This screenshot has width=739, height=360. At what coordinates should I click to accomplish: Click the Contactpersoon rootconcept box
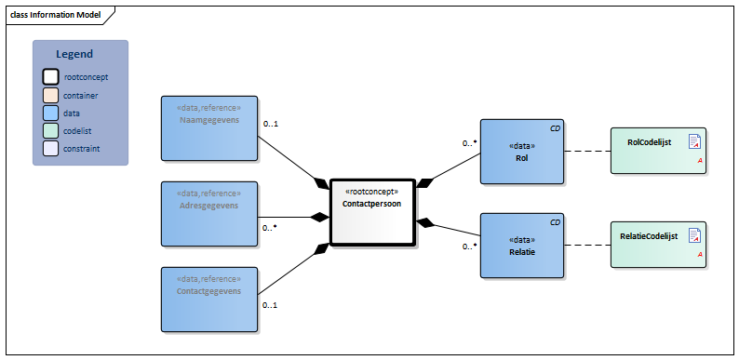click(x=371, y=211)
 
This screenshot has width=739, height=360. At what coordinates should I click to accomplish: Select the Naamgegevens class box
click(x=209, y=127)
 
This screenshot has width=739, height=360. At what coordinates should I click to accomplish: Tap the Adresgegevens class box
click(x=209, y=213)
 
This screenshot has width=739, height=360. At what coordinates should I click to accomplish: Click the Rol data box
click(x=522, y=152)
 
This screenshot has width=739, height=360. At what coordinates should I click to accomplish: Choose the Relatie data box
click(x=522, y=246)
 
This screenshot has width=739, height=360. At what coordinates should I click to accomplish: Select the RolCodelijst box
click(x=658, y=151)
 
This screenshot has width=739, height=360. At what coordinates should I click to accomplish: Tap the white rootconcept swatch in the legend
click(x=50, y=77)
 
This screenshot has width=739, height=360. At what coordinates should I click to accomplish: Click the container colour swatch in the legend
click(x=50, y=95)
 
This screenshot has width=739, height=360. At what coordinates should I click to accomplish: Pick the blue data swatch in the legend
click(x=50, y=113)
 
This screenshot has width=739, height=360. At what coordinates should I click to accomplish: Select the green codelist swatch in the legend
click(x=50, y=130)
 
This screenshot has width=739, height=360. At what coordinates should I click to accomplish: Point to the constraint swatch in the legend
click(x=50, y=148)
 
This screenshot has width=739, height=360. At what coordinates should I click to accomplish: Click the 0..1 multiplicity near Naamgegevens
click(x=271, y=124)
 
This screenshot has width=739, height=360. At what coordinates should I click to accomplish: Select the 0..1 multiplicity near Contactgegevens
click(x=271, y=305)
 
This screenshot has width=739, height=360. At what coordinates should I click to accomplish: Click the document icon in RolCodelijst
click(x=693, y=141)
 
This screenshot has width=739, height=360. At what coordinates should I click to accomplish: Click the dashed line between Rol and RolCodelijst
click(x=587, y=151)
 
